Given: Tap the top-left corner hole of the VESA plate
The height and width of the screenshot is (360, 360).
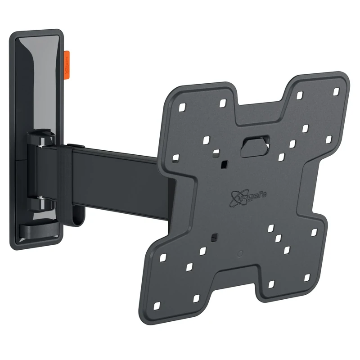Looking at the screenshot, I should (x=182, y=108).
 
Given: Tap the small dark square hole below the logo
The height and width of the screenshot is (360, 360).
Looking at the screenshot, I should (x=214, y=236).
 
